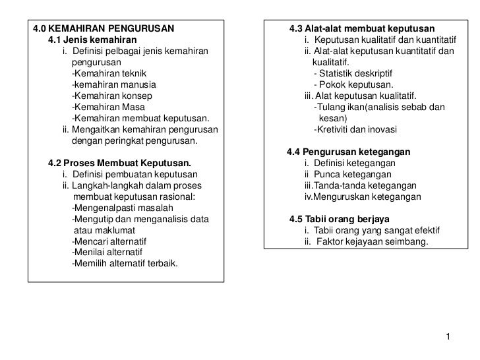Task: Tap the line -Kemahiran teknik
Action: [x=109, y=73]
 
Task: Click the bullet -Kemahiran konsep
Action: [x=111, y=96]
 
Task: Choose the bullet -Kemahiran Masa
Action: [x=108, y=107]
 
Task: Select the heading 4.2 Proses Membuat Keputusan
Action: [x=120, y=163]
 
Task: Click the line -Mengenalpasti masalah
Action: [x=121, y=208]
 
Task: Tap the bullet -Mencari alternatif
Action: [x=109, y=241]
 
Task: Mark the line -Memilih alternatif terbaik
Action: [x=128, y=264]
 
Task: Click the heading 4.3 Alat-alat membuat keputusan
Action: [x=362, y=29]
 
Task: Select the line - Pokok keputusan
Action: [x=354, y=84]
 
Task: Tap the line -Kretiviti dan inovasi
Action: [x=356, y=129]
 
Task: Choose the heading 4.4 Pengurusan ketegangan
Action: [x=349, y=152]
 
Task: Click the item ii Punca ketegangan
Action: [x=348, y=174]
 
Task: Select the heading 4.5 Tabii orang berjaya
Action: [x=340, y=219]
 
